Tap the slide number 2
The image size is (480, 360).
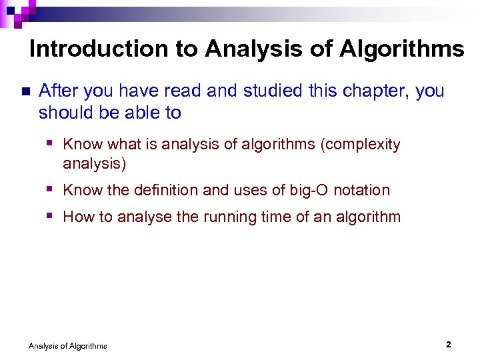coord(449,344)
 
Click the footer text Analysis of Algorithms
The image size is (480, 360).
coord(67,345)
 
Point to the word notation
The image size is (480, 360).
coord(361,190)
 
